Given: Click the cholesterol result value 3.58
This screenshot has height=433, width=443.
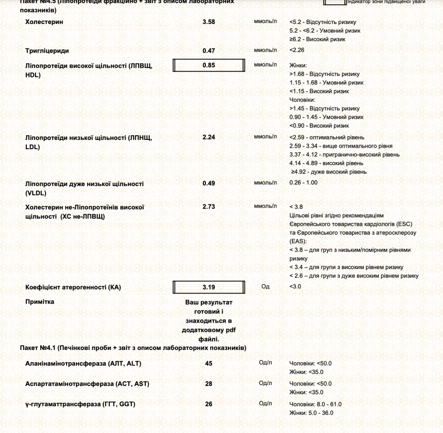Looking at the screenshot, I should [209, 22].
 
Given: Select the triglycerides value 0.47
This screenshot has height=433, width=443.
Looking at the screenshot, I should [209, 50].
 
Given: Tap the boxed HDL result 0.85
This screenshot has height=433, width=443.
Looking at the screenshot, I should [209, 65].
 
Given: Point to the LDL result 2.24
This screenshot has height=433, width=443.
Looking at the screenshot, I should [209, 137].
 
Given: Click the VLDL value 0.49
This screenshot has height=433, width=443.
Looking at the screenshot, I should [209, 183].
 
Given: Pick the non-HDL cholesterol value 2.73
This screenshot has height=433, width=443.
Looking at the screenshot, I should [209, 206].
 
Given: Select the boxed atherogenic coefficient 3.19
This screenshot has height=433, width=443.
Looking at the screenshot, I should [209, 287].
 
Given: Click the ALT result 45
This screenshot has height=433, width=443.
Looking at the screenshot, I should [209, 363].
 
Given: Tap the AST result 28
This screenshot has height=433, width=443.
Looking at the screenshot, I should [209, 384].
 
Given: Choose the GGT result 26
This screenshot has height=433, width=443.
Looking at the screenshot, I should [209, 404].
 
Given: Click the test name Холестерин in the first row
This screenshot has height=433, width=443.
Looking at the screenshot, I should [44, 22].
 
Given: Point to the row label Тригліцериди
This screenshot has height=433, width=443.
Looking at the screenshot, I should [48, 50].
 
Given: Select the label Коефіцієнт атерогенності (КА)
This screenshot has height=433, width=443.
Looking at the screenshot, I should [73, 287].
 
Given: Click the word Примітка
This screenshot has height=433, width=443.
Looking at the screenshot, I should [40, 301].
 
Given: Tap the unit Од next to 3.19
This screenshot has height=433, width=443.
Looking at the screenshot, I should [265, 287].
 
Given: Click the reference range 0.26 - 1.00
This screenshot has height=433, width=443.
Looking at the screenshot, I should [303, 182].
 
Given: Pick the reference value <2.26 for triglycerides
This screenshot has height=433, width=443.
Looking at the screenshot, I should [297, 50].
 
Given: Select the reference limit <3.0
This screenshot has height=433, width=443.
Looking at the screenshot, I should [295, 287].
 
